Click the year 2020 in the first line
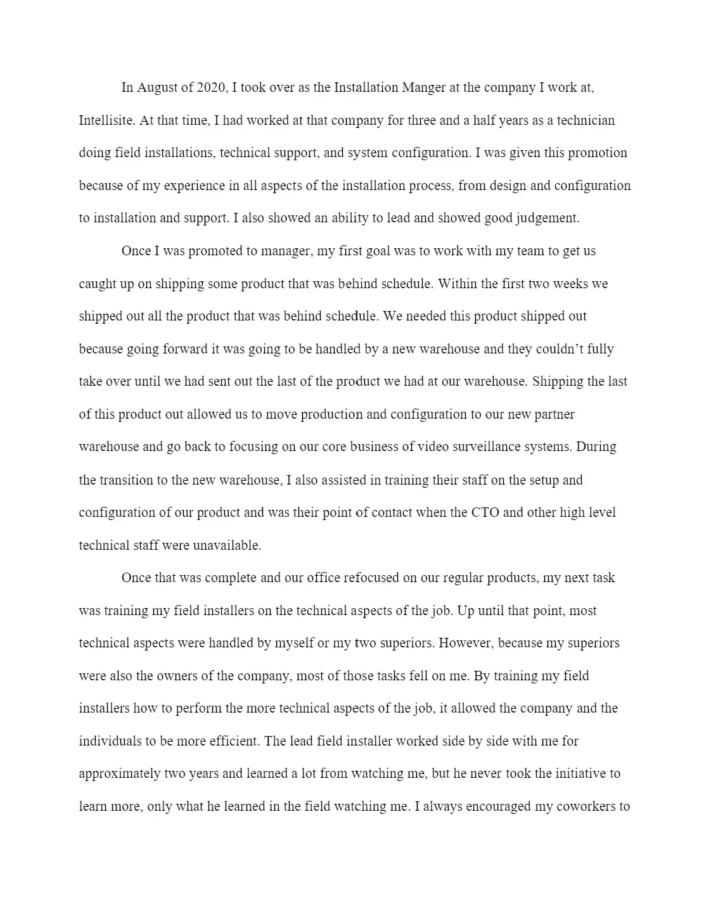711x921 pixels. tap(212, 87)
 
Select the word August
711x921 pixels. tap(158, 87)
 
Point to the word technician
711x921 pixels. tap(586, 120)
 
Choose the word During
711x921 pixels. tap(596, 447)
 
